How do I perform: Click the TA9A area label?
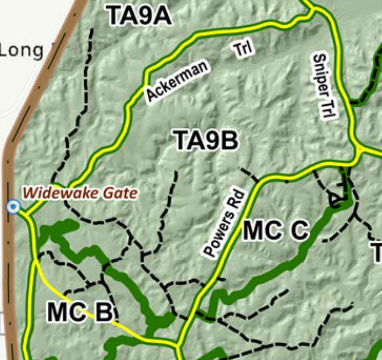click(139, 16)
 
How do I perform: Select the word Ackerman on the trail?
click(177, 80)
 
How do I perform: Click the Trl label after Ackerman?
click(244, 49)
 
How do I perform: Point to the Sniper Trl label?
click(325, 86)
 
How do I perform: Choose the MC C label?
click(276, 231)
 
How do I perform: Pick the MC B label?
click(80, 313)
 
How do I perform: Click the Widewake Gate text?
click(80, 193)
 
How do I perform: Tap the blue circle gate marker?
click(14, 207)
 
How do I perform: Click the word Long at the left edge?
click(21, 50)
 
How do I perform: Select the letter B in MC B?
click(102, 313)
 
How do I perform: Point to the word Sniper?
click(319, 73)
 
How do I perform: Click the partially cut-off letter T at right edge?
click(377, 252)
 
